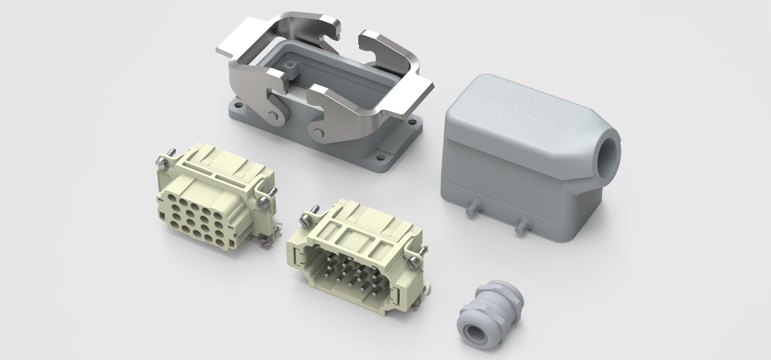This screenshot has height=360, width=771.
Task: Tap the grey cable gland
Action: [x=488, y=309]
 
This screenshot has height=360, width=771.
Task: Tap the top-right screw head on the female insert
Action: [x=262, y=201]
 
